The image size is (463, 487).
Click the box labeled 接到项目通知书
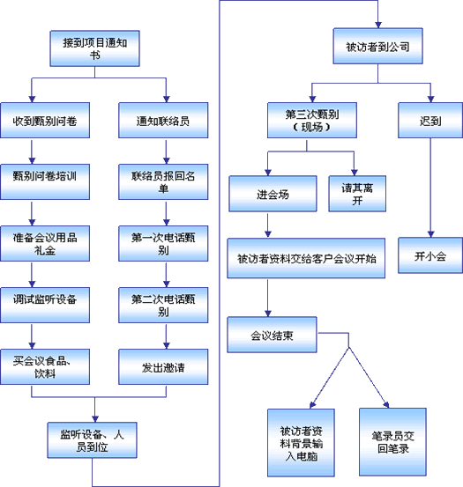(95, 48)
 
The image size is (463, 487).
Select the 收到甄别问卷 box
(45, 120)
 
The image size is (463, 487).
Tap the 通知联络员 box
(163, 120)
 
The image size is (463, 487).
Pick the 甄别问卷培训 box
(45, 181)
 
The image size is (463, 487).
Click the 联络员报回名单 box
(163, 181)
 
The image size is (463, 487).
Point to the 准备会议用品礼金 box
(45, 243)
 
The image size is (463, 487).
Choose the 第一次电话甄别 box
(163, 243)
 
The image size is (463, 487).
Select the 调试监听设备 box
(45, 305)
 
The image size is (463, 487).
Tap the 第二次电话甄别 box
(163, 305)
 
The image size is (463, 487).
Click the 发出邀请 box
(163, 366)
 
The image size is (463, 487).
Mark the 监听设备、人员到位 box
(92, 439)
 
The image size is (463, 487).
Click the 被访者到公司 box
(377, 46)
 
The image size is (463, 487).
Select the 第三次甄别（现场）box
(312, 120)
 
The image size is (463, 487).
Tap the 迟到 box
(430, 120)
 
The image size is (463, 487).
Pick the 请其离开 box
(357, 194)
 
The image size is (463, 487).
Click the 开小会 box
(430, 255)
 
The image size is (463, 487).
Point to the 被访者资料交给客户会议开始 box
(306, 258)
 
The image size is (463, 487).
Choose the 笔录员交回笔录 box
(392, 442)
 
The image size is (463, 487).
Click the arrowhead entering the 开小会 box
(430, 234)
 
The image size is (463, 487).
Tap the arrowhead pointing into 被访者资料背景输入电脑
(313, 405)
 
